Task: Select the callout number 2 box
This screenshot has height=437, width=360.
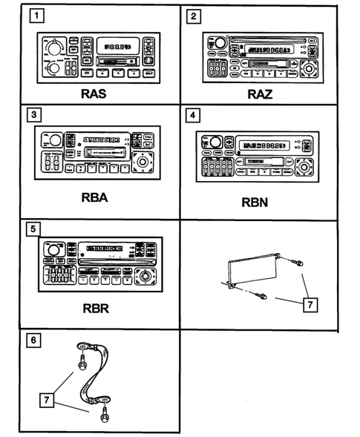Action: [194, 15]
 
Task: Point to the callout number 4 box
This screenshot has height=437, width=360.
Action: [194, 116]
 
